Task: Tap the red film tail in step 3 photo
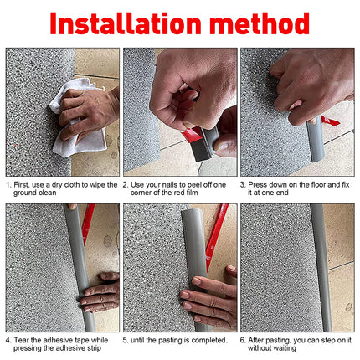point(331,122)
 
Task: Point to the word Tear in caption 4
point(23,340)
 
